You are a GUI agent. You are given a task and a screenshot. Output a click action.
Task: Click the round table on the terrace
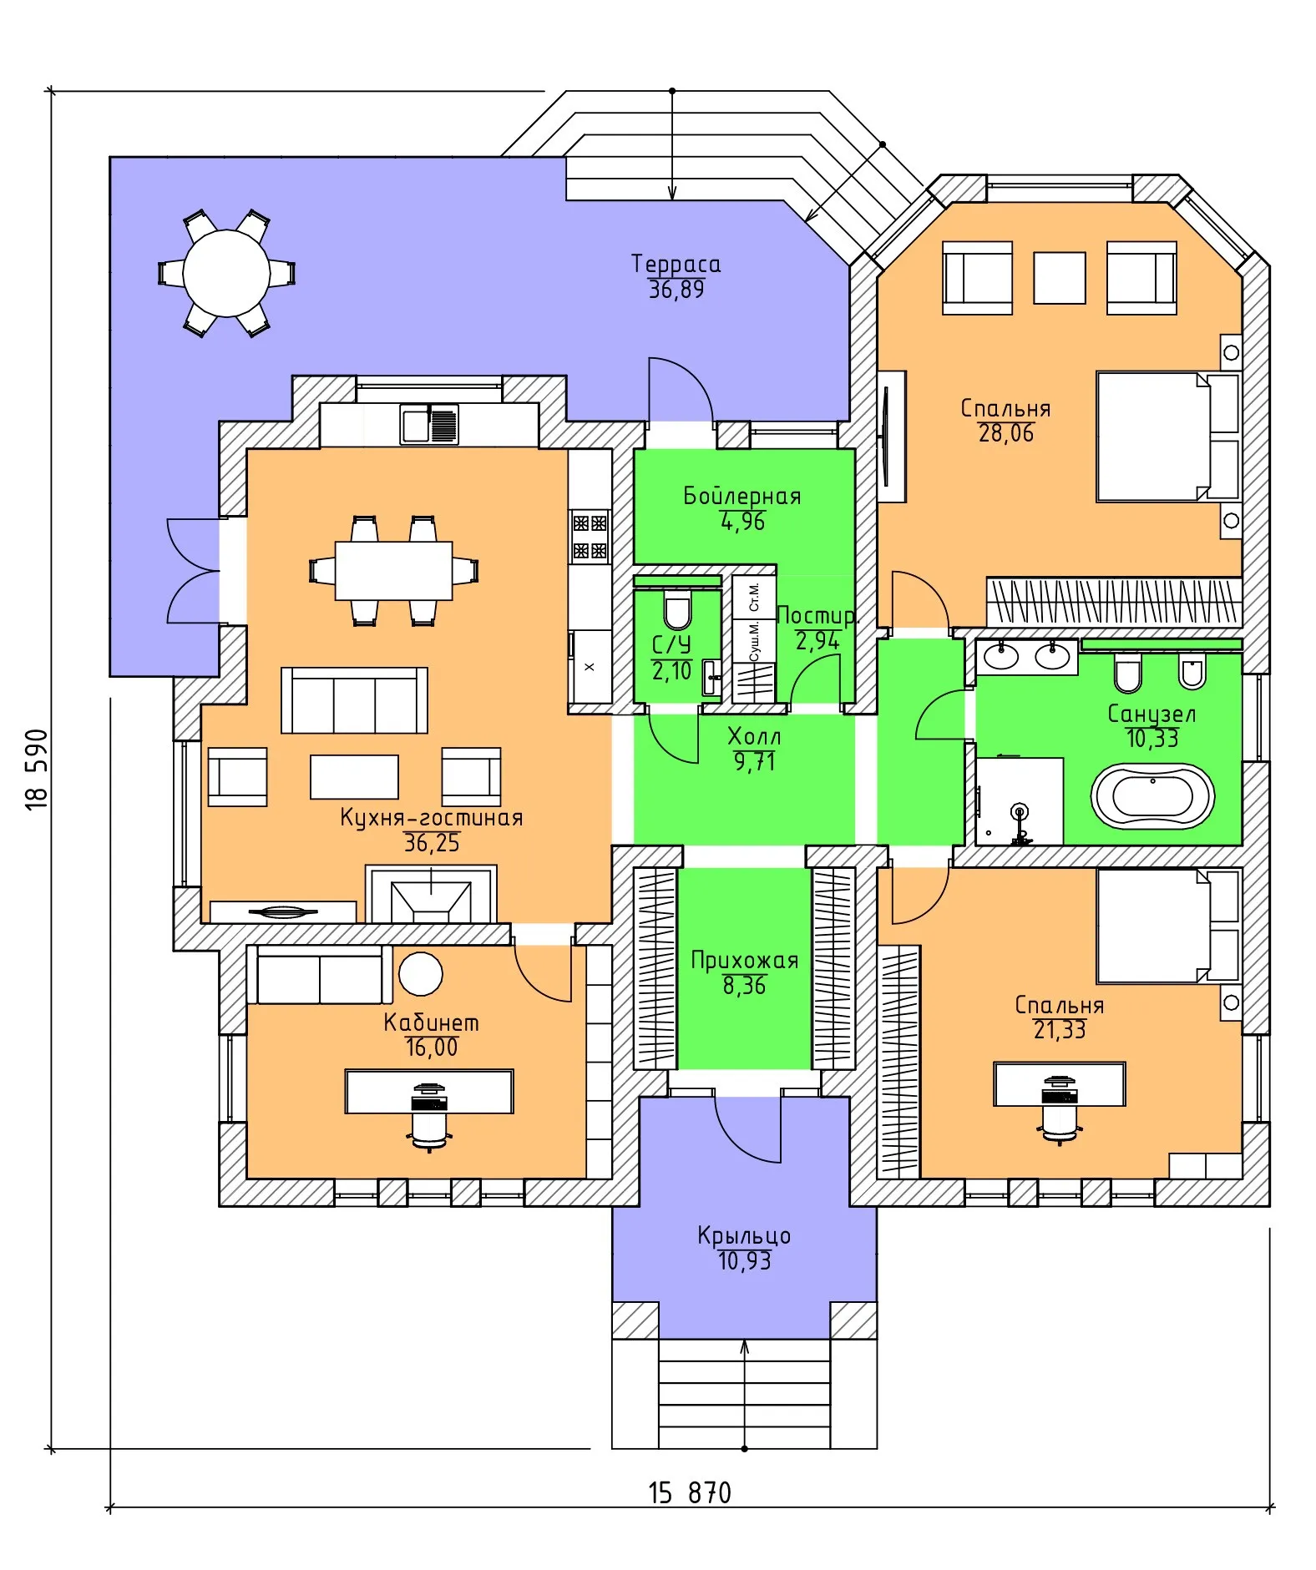pos(226,273)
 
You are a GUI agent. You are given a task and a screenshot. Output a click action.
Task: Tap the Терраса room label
pos(676,264)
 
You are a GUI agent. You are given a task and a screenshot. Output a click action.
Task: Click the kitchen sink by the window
pos(429,424)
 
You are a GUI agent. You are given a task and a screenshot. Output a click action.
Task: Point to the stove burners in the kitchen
pos(590,537)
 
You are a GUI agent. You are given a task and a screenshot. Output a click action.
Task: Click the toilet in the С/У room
pos(677,610)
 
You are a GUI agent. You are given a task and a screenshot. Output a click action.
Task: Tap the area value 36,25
pos(432,843)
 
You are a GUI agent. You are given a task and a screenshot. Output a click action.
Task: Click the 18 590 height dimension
pos(38,769)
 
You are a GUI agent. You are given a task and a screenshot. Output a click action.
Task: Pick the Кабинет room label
pos(431,1022)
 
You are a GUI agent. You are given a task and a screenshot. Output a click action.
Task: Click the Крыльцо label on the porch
pos(744,1235)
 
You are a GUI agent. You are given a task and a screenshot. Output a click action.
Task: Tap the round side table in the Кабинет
pos(421,973)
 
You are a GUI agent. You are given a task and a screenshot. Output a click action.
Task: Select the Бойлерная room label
pos(742,496)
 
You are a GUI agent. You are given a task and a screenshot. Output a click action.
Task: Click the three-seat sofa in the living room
pos(354,700)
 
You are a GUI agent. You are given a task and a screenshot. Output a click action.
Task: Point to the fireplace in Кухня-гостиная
pos(431,894)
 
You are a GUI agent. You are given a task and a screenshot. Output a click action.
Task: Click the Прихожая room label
pos(744,961)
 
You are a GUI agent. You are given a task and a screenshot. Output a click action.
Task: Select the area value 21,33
pos(1060,1030)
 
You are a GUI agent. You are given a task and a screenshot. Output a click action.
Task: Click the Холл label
pos(754,736)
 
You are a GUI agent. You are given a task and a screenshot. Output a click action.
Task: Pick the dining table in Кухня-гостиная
pos(394,571)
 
